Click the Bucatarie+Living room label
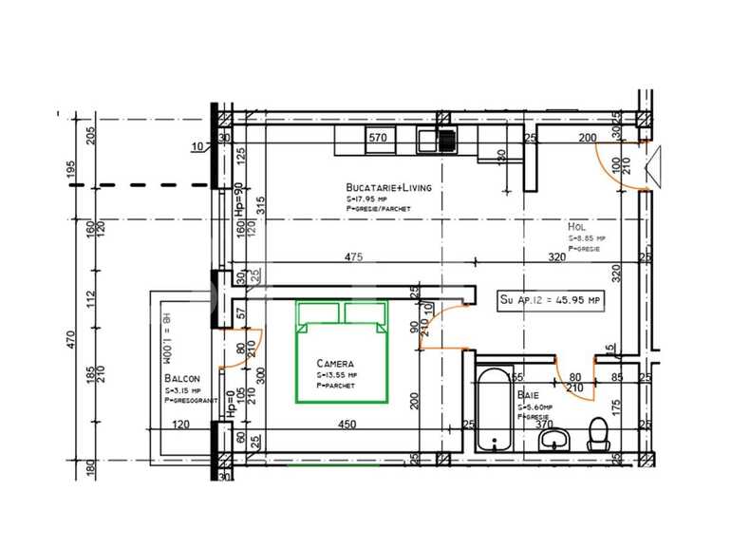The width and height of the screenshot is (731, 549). point(389,188)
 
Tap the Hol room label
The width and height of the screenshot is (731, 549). point(575,228)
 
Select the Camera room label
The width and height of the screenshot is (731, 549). point(336,364)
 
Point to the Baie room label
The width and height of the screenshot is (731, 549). point(529,395)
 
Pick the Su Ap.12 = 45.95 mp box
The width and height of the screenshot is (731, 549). point(551,300)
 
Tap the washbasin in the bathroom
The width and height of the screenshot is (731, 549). point(554,439)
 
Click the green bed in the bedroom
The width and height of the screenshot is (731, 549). point(342,350)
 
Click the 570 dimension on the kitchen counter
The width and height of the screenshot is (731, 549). point(378,138)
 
